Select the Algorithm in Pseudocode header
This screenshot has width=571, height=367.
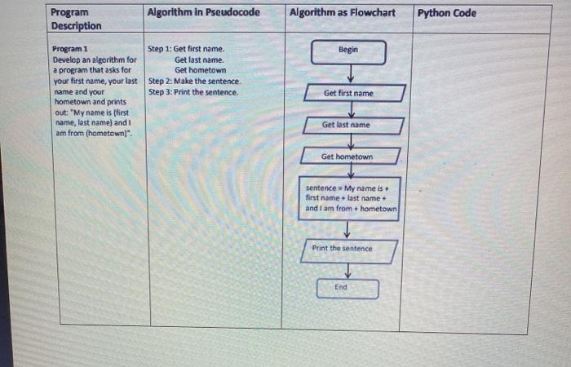click(x=203, y=13)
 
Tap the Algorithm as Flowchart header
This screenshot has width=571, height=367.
click(x=342, y=13)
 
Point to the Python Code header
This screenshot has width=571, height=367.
click(x=447, y=13)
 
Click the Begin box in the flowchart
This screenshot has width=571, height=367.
click(x=348, y=51)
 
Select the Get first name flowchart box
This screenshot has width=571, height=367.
click(x=349, y=93)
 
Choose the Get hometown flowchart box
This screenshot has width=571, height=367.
click(x=347, y=157)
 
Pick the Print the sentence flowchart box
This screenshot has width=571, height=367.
click(x=347, y=249)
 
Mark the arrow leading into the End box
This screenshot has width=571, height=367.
click(x=348, y=272)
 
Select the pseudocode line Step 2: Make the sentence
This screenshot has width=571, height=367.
click(x=194, y=82)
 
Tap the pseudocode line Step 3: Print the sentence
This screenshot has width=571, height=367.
click(x=193, y=92)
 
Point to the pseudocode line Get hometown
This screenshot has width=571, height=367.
click(x=200, y=70)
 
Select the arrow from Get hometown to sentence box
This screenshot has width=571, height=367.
click(x=350, y=170)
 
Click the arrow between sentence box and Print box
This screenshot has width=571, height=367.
click(x=347, y=229)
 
